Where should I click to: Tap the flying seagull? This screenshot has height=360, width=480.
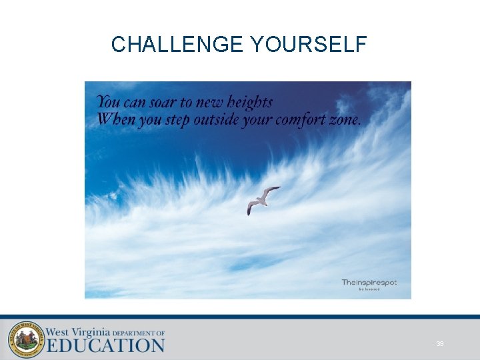coord(263,199)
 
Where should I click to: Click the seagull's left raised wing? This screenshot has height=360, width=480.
coord(270,192)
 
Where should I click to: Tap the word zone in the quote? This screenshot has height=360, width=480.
coord(346,121)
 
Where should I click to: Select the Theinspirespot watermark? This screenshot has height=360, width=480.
coord(369,282)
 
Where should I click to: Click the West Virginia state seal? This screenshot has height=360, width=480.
coord(26,340)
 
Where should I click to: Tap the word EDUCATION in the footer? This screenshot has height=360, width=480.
coord(105,345)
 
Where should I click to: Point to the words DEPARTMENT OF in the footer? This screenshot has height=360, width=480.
coord(139,333)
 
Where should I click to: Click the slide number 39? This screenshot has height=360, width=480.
coord(439,343)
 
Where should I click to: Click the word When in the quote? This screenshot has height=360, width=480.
coord(114,120)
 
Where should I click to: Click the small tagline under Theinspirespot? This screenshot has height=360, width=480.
coord(369,289)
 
